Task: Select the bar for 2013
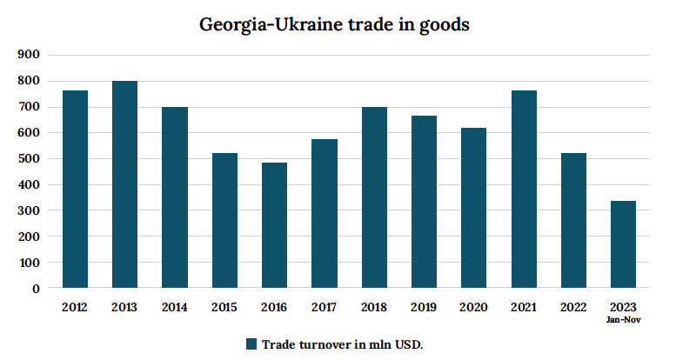(124, 184)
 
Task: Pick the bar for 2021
(524, 190)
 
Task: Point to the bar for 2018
(374, 197)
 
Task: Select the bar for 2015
(224, 221)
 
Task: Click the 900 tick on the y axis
(30, 55)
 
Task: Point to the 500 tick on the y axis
(30, 159)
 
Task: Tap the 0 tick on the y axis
(36, 289)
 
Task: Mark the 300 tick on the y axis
(30, 210)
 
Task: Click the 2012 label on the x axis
(75, 307)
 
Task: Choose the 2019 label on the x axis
(424, 307)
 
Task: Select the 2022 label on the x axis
(573, 307)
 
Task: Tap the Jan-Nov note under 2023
(624, 319)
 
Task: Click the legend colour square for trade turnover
(251, 343)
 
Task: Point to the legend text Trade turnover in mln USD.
(342, 343)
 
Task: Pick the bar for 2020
(474, 208)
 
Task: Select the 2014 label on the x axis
(175, 307)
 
